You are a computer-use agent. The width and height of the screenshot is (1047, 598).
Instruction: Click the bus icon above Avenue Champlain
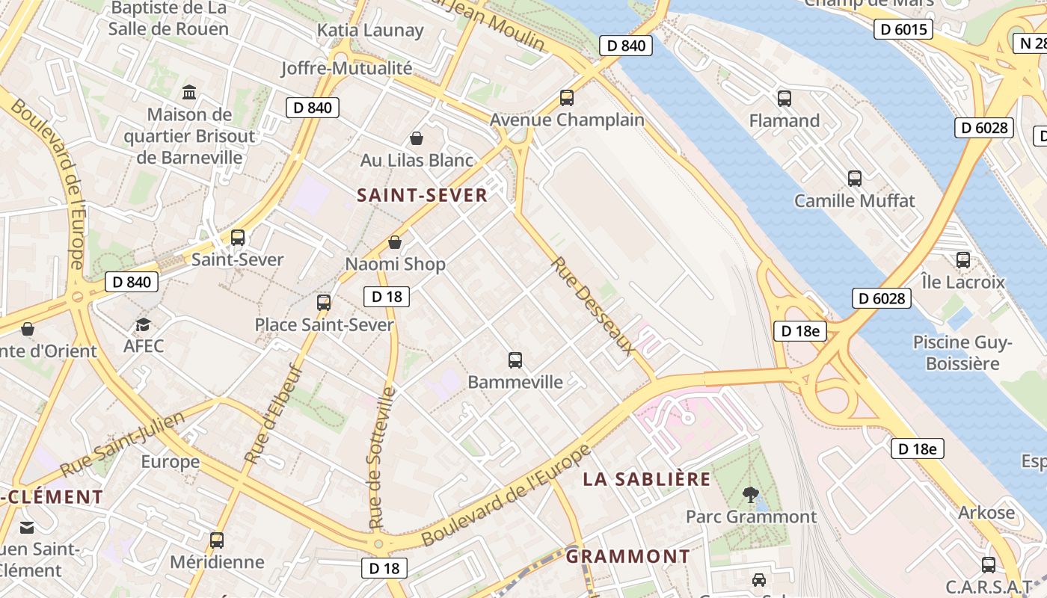[x=567, y=97]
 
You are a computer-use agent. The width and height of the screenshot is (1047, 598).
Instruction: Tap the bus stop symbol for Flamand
[x=785, y=98]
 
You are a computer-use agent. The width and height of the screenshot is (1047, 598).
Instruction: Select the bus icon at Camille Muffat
[x=855, y=178]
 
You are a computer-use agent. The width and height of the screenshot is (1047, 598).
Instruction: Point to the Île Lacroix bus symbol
[x=963, y=260]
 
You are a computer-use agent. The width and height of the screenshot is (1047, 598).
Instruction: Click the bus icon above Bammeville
[x=515, y=360]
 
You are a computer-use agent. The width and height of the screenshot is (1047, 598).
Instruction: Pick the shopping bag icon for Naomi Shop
[x=395, y=242]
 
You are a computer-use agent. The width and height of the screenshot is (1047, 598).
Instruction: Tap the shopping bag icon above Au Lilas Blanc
[x=417, y=138]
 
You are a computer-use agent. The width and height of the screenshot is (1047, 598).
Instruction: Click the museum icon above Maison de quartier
[x=189, y=93]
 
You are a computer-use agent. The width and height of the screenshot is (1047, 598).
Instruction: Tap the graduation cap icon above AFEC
[x=143, y=324]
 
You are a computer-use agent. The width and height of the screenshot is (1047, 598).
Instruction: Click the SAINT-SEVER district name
[x=422, y=196]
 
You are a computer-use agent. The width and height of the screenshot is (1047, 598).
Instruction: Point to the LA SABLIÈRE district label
[x=647, y=480]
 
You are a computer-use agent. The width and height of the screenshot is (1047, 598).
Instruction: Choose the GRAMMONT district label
[x=627, y=557]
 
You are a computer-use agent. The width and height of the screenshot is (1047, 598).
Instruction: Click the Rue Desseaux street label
[x=593, y=306]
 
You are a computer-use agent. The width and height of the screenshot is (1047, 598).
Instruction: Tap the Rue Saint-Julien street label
[x=123, y=445]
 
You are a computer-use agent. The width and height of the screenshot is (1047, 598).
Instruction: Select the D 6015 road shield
[x=903, y=30]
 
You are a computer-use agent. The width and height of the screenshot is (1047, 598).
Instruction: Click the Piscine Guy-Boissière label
[x=962, y=353]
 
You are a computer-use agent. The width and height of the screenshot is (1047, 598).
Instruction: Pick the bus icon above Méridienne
[x=217, y=540]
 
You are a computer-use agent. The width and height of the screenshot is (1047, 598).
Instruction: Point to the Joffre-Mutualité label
[x=346, y=68]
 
